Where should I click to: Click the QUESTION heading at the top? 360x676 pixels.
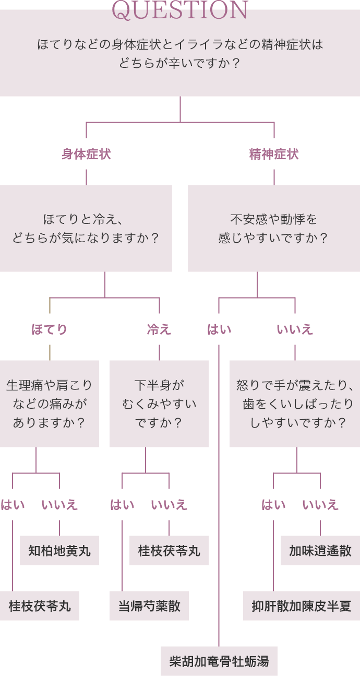pos(180,10)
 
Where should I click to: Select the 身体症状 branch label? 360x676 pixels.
pos(86,154)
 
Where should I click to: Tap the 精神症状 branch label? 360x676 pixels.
pos(274,154)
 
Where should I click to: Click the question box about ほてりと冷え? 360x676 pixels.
pos(86,228)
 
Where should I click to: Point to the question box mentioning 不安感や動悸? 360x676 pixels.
pos(274,228)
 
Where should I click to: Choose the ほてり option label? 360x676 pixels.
pos(50,329)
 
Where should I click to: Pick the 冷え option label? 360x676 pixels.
pos(159,329)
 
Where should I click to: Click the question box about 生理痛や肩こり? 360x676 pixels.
pos(50,404)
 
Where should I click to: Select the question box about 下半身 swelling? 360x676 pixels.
pos(159,404)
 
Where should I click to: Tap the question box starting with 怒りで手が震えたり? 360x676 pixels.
pos(295,404)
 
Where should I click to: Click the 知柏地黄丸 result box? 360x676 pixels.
pos(59,551)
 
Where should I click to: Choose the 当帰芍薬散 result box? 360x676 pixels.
pos(149,606)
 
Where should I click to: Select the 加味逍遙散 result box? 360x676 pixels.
pos(320,551)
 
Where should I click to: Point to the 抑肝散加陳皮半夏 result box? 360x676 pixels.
pos(302,606)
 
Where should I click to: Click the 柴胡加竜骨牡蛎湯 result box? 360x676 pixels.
pos(219,661)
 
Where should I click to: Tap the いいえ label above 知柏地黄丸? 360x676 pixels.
pos(59,505)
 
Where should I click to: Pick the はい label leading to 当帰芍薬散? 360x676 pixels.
pos(122,505)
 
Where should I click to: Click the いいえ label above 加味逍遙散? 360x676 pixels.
pos(320,505)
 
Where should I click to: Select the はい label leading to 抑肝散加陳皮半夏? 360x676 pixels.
pos(273,505)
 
